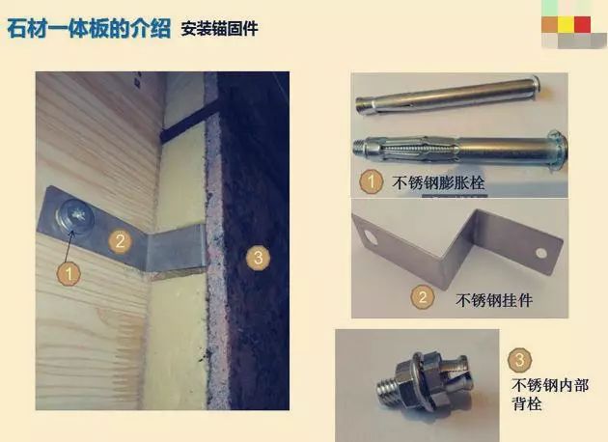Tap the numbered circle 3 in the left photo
(x=257, y=258)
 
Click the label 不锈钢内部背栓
(x=546, y=394)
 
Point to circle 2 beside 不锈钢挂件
(x=422, y=297)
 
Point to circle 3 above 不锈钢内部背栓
(x=520, y=362)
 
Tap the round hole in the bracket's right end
(x=540, y=255)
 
